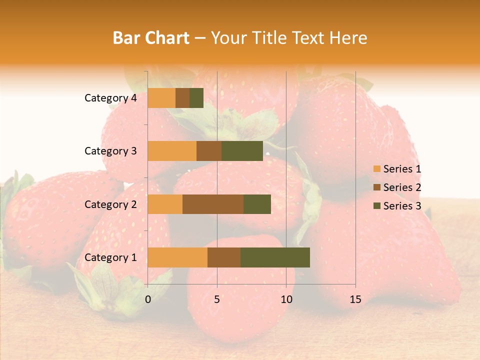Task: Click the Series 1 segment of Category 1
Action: (177, 257)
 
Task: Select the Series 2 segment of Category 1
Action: (224, 257)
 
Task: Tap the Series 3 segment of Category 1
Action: (275, 257)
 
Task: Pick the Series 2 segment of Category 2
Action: (213, 204)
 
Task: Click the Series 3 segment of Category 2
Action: (257, 204)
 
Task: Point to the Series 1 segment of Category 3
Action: (172, 151)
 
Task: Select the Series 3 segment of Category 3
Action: (242, 151)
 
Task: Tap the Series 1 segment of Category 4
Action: (161, 98)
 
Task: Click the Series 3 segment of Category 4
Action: (196, 98)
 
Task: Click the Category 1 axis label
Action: (110, 257)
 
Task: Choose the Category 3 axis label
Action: (110, 151)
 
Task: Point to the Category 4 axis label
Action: (110, 98)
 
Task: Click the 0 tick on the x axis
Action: (148, 299)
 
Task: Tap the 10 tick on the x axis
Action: (286, 299)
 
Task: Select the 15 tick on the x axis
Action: (355, 299)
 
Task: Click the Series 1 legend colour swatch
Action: (376, 169)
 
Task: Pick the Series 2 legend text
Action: (402, 187)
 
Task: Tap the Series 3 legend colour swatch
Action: (376, 206)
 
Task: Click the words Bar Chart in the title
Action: (151, 38)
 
